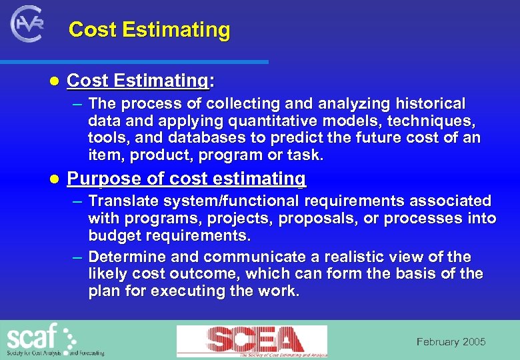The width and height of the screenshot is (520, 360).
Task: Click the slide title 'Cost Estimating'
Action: point(149,30)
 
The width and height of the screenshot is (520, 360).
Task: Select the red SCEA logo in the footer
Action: point(251,341)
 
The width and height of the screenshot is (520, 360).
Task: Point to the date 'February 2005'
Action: point(451,342)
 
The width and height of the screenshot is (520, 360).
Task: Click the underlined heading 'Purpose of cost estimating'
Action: point(187,179)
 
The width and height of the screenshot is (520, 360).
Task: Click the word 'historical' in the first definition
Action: point(431,104)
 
